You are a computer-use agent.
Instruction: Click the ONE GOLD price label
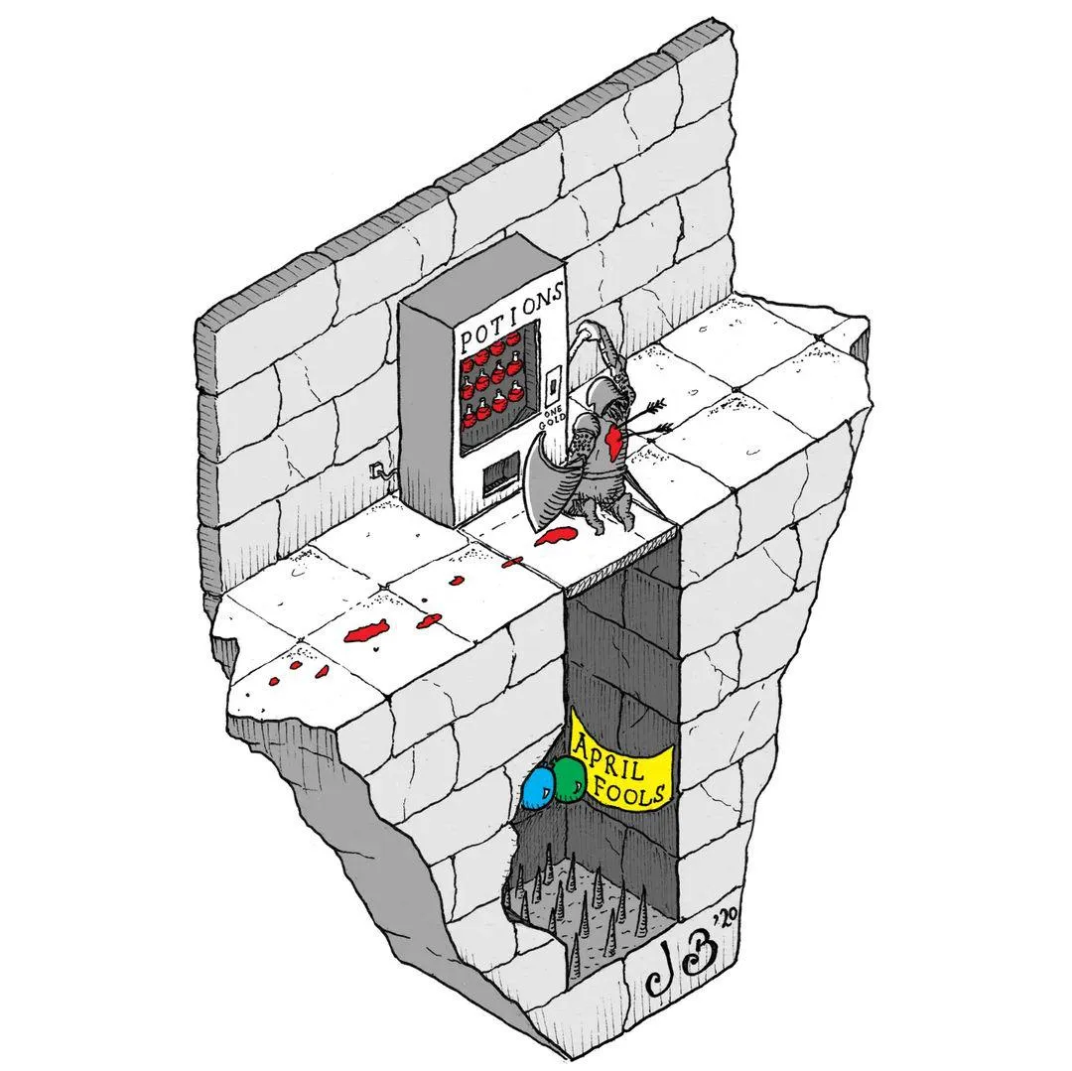(554, 418)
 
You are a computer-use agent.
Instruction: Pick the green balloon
(569, 779)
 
